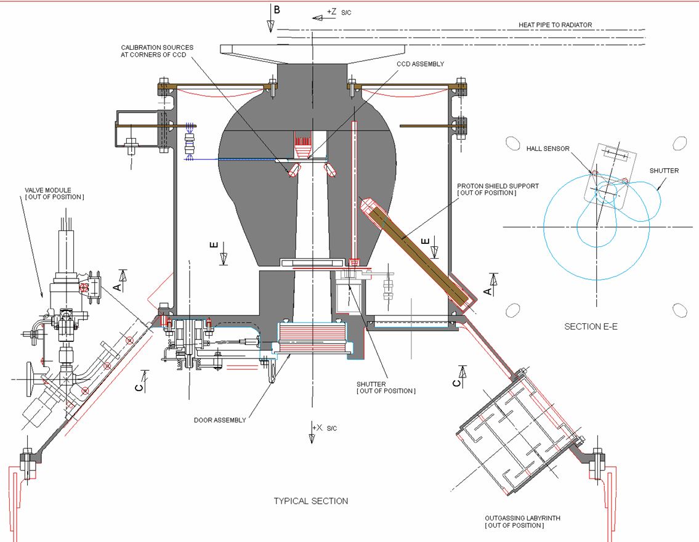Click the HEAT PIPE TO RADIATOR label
(x=555, y=25)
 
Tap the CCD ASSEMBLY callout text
(x=421, y=64)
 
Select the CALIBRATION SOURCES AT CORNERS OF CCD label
(x=157, y=51)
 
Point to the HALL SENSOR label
(x=548, y=149)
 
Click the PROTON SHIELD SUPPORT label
(x=498, y=190)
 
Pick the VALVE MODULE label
(x=54, y=193)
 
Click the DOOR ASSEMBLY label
(x=220, y=420)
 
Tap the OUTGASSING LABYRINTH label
(x=522, y=522)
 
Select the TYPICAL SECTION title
(x=311, y=501)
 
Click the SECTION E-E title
(x=591, y=326)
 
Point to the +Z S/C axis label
(x=339, y=12)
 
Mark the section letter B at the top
(x=277, y=10)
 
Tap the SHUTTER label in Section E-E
(x=664, y=171)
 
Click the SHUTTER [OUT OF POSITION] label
(x=386, y=387)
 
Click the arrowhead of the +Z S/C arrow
(x=317, y=18)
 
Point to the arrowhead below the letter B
(x=270, y=26)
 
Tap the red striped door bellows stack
(x=312, y=339)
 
